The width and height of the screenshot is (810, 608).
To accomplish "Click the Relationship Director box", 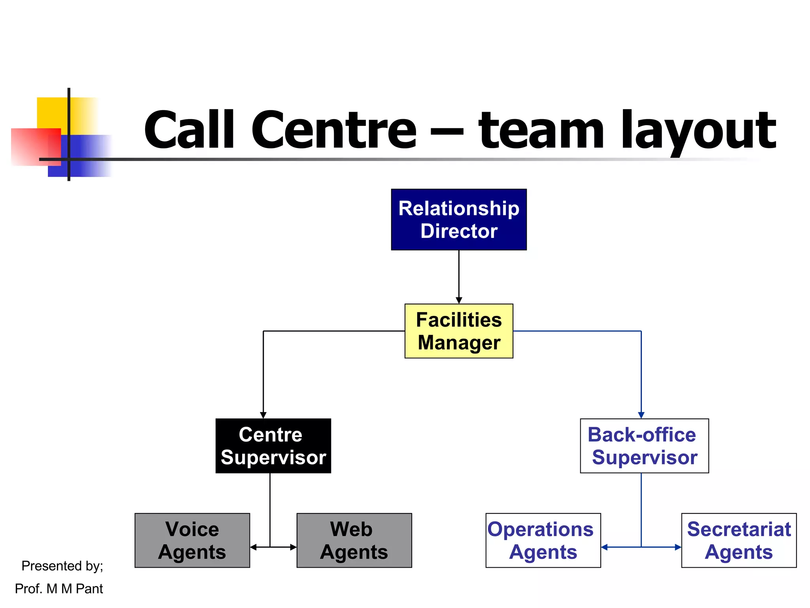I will (459, 219).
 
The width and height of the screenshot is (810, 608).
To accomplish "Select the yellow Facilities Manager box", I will (459, 331).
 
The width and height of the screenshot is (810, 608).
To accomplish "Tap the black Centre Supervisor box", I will (273, 446).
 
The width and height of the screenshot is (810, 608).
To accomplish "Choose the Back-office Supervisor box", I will (644, 446).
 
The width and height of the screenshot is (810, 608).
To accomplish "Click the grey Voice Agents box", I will (192, 540).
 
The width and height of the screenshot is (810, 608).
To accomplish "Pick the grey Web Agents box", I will (354, 540).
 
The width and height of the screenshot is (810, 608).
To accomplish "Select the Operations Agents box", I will (543, 540).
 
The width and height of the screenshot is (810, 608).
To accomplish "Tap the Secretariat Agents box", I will (739, 540).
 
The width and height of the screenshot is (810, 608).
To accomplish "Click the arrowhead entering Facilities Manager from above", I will (459, 300).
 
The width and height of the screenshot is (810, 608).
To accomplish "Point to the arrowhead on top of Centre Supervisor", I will (263, 415).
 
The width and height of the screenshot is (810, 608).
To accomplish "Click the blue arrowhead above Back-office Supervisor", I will (641, 415).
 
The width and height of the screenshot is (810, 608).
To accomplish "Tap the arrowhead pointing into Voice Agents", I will (254, 547).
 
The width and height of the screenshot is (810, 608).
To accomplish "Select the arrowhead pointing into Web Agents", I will (293, 547).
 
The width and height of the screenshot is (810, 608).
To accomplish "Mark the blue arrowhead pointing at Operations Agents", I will (604, 547).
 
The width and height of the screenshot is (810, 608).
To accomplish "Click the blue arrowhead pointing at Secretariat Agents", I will (678, 547).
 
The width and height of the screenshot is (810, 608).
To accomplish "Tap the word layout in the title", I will (698, 131).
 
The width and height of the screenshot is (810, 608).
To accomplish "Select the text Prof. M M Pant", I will (59, 589).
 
